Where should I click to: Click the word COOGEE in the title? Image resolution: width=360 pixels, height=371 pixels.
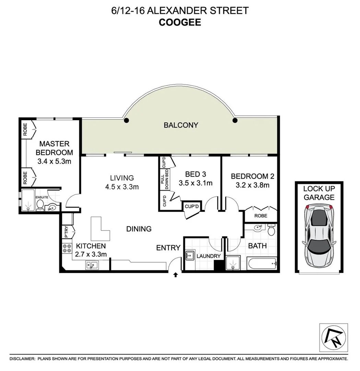(179, 22)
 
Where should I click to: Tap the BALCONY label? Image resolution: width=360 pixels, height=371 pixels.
(181, 125)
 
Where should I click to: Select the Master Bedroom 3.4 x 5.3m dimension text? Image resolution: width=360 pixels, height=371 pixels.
(54, 161)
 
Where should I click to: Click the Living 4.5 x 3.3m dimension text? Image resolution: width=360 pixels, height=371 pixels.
(122, 187)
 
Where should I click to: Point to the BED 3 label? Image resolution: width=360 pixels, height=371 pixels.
(195, 174)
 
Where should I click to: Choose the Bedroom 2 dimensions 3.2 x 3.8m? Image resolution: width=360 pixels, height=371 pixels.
(252, 185)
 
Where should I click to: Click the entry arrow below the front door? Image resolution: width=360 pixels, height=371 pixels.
(176, 274)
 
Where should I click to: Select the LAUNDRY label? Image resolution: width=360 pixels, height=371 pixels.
(208, 256)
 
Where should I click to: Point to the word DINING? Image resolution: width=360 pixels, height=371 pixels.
(139, 229)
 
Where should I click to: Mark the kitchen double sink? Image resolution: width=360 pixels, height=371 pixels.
(92, 265)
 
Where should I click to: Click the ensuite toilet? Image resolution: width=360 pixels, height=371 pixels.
(40, 205)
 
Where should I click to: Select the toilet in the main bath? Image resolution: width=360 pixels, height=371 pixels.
(271, 229)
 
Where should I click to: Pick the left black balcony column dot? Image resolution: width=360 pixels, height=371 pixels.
(126, 120)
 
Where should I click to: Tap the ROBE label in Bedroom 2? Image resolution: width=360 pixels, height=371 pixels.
(260, 216)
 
